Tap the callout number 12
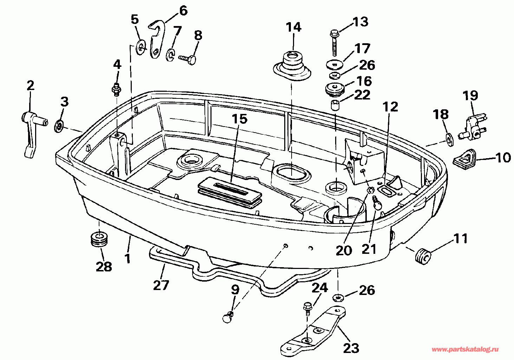tap(390, 106)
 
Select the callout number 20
tap(344, 250)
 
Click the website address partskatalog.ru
tap(465, 349)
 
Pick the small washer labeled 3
tap(59, 126)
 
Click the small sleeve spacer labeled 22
tap(334, 105)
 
